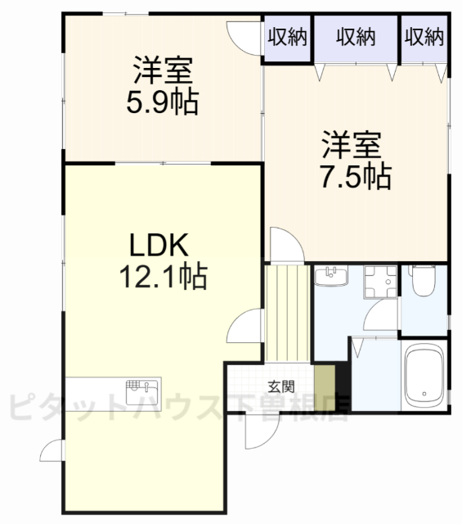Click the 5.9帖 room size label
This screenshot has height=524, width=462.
pyautogui.click(x=164, y=104)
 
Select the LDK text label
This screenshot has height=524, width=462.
pyautogui.click(x=160, y=245)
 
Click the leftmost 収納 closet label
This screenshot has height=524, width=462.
pyautogui.click(x=285, y=37)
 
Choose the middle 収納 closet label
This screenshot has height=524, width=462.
pyautogui.click(x=355, y=37)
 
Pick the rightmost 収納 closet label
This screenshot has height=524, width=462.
pyautogui.click(x=424, y=37)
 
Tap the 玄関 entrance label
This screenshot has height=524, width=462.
pyautogui.click(x=278, y=386)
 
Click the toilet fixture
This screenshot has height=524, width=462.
pyautogui.click(x=424, y=283)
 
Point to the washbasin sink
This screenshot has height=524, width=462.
pyautogui.click(x=331, y=278)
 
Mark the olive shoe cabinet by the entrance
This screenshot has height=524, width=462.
pyautogui.click(x=325, y=382)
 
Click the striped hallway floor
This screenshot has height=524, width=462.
pyautogui.click(x=287, y=311)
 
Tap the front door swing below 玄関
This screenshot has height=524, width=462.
pyautogui.click(x=261, y=431)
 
